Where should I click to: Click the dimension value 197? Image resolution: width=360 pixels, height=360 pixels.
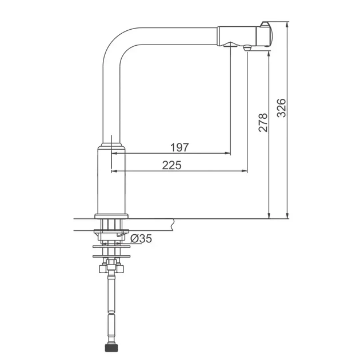click(179, 147)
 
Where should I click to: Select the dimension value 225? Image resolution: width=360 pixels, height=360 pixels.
click(172, 165)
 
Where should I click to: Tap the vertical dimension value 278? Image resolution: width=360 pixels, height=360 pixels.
click(263, 122)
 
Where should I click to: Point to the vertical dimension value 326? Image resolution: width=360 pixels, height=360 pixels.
click(282, 108)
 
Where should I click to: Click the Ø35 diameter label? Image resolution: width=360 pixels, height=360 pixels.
click(141, 238)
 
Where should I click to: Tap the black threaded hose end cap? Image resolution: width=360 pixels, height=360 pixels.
click(111, 348)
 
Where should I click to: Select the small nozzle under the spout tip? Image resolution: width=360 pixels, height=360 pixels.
click(247, 48)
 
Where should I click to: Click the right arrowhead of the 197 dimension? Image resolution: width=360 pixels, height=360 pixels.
click(228, 153)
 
